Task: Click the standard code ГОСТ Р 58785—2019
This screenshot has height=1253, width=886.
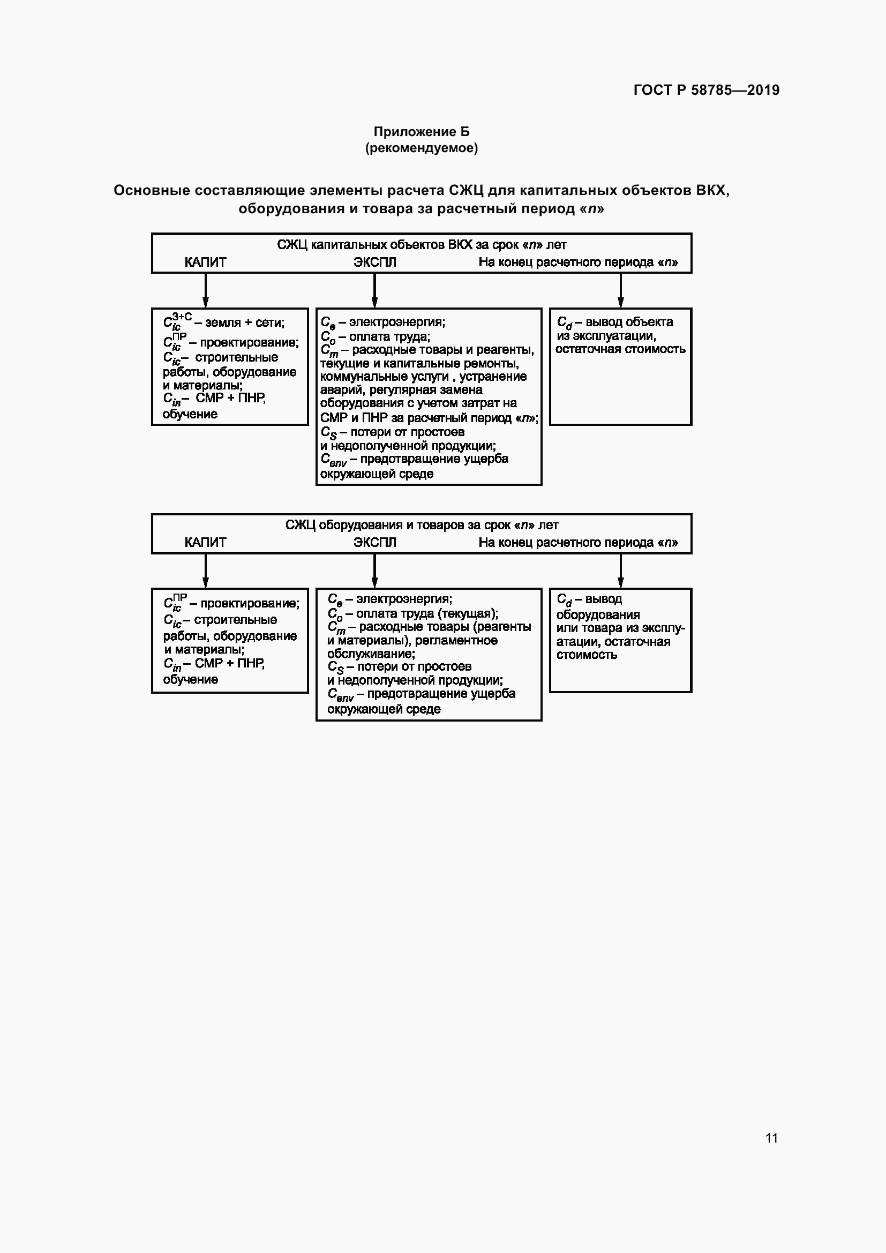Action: point(706,90)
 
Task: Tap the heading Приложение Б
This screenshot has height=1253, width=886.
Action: point(421,132)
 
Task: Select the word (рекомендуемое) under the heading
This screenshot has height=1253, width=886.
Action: point(421,148)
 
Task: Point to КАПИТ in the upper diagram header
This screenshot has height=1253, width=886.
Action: point(205,262)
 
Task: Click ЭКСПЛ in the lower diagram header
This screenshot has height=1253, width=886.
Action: point(375,543)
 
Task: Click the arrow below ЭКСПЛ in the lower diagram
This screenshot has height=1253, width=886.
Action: point(375,571)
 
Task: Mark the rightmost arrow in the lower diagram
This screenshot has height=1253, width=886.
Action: point(620,571)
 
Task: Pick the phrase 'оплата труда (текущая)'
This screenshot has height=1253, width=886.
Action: point(426,613)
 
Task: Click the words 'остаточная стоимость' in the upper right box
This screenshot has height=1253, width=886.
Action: point(620,349)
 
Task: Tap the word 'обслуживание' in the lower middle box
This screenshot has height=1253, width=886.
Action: point(371,654)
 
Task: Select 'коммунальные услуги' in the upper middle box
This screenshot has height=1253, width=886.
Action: point(385,377)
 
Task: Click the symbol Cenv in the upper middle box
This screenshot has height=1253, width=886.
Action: point(333,460)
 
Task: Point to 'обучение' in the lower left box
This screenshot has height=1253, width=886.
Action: point(190,679)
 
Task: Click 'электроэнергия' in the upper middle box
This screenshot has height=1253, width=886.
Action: point(396,322)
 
